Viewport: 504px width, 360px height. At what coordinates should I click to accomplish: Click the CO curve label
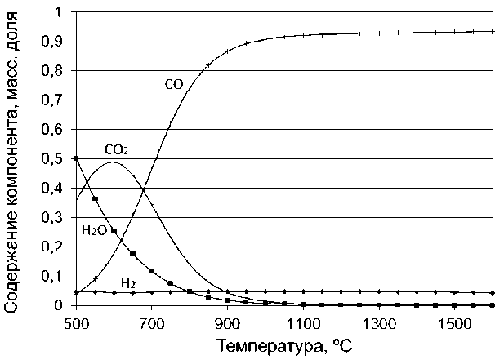point(172,83)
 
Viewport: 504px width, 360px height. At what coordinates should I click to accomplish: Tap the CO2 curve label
point(118,150)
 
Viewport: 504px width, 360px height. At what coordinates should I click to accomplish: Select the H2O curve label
point(94,231)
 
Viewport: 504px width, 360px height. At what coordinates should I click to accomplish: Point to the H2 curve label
point(128,283)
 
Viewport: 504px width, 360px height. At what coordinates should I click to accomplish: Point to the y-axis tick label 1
point(56,12)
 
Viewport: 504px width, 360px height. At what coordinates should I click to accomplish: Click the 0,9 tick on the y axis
point(52,42)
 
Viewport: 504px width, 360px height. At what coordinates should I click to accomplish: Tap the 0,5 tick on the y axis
point(52,158)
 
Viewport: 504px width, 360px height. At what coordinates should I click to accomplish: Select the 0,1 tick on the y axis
point(52,276)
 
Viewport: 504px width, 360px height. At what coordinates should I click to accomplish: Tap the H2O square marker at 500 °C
point(76,158)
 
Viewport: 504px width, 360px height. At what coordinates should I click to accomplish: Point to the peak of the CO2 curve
point(112,162)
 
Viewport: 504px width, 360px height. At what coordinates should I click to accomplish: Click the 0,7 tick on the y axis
point(52,100)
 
